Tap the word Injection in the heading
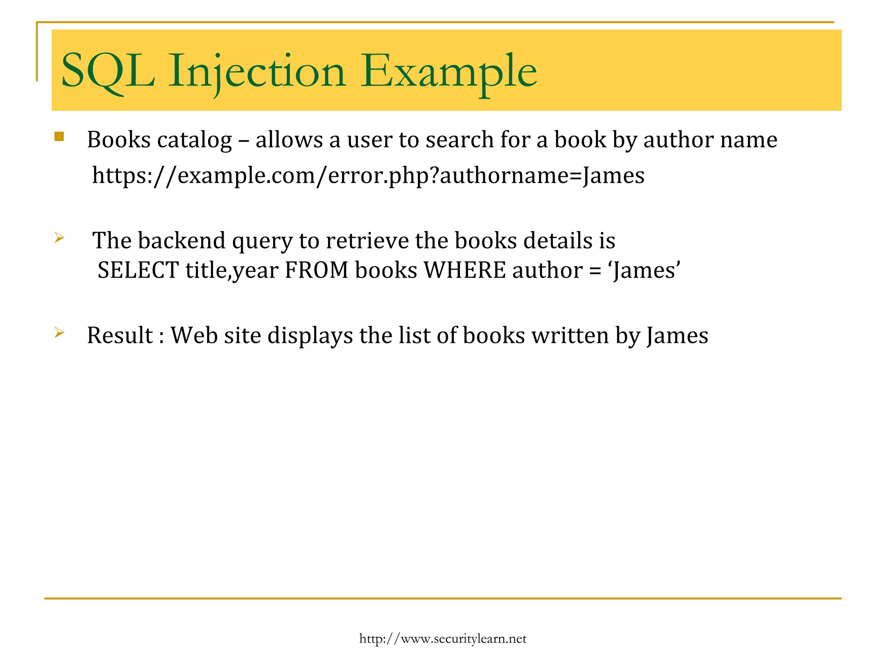[x=257, y=71]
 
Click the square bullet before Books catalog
[x=59, y=137]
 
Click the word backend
[x=182, y=241]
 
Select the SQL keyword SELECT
[x=138, y=271]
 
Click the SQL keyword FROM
[x=317, y=271]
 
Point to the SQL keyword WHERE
[x=464, y=271]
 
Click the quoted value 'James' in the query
[x=645, y=271]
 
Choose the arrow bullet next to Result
[x=59, y=332]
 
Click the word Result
[x=120, y=336]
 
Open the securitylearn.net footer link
[x=443, y=639]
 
